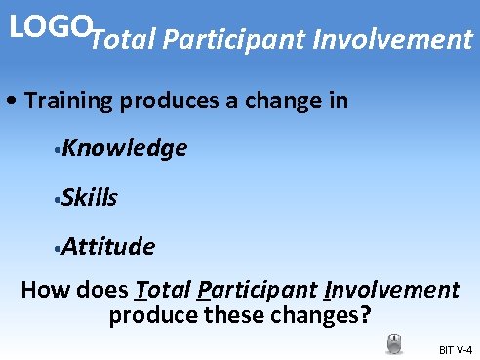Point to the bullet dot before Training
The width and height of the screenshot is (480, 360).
pyautogui.click(x=10, y=101)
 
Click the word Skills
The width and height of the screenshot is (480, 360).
pyautogui.click(x=92, y=198)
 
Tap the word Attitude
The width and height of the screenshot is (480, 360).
pyautogui.click(x=109, y=247)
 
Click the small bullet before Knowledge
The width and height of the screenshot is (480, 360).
pyautogui.click(x=60, y=150)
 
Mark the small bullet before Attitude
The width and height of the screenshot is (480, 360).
pyautogui.click(x=60, y=249)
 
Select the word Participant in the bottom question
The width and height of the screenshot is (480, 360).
pyautogui.click(x=258, y=290)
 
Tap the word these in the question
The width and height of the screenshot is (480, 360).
pyautogui.click(x=223, y=315)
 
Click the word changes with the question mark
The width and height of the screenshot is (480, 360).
pyautogui.click(x=315, y=315)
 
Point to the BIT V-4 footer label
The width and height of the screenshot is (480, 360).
pyautogui.click(x=456, y=349)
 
